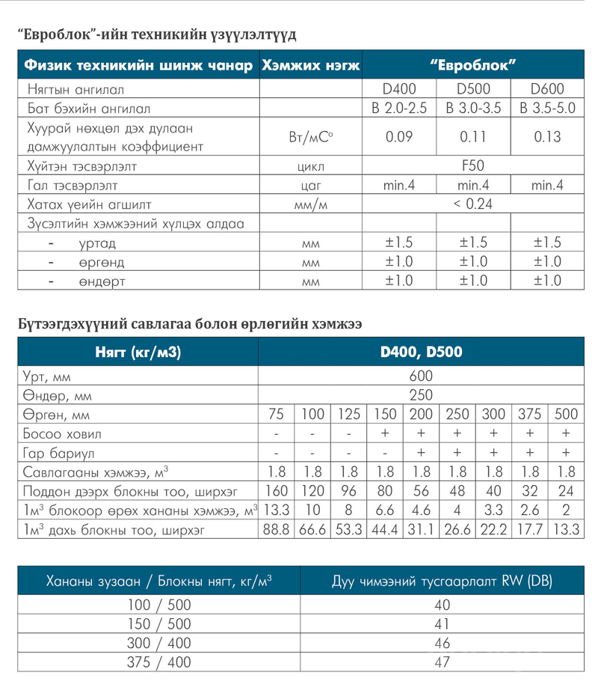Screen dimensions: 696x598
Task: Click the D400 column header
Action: (x=398, y=89)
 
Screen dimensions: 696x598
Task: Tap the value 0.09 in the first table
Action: (x=398, y=137)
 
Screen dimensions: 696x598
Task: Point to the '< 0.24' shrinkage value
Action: (x=473, y=204)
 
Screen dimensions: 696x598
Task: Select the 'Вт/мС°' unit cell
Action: (x=309, y=137)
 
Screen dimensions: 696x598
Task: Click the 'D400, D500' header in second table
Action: (x=421, y=351)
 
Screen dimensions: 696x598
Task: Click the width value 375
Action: (x=529, y=415)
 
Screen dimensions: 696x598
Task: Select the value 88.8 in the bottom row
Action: (x=277, y=531)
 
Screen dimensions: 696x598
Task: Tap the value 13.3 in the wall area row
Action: (x=277, y=511)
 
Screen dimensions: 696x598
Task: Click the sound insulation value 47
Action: (x=441, y=662)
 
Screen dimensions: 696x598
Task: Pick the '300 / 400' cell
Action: (x=158, y=643)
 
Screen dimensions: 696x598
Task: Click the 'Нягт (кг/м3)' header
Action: (x=138, y=351)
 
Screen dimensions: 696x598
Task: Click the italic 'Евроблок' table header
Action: (x=473, y=64)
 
